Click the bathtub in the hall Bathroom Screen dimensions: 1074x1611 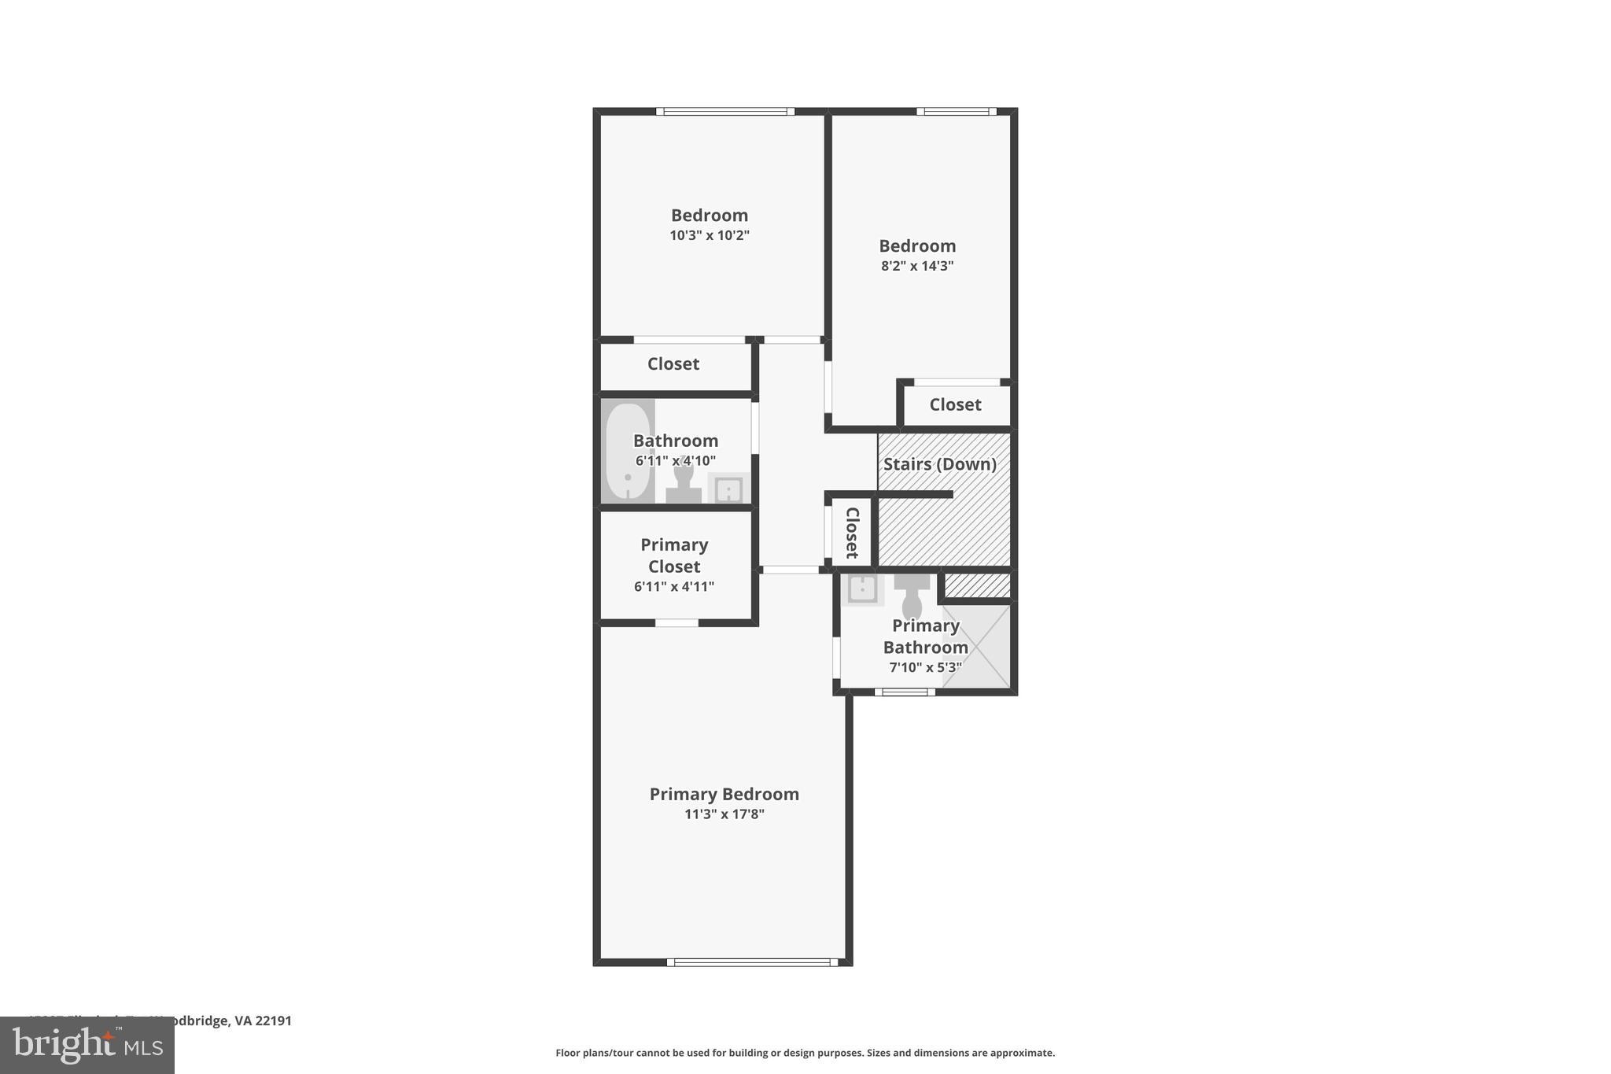(x=628, y=452)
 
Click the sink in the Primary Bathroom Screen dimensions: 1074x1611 (x=863, y=589)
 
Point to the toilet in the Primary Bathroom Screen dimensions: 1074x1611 (x=912, y=595)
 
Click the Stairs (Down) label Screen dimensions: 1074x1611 (x=939, y=464)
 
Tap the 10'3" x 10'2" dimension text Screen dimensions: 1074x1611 (x=710, y=235)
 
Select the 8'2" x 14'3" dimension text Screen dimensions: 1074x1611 (x=917, y=266)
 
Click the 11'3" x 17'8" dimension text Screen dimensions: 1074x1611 (x=724, y=814)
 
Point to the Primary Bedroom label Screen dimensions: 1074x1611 (x=724, y=794)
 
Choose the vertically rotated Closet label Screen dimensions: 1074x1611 (x=852, y=533)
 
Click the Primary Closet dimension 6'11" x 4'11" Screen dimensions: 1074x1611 (x=674, y=586)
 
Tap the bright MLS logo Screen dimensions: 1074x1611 (x=87, y=1046)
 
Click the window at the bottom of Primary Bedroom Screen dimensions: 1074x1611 (x=753, y=961)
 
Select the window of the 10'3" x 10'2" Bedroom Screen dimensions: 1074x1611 (x=725, y=112)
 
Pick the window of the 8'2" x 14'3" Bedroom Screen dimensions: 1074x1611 (x=957, y=112)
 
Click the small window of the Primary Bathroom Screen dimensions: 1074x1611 (x=905, y=692)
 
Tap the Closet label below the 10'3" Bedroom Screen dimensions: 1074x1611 (x=673, y=364)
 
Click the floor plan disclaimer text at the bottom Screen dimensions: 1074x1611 (x=805, y=1053)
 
